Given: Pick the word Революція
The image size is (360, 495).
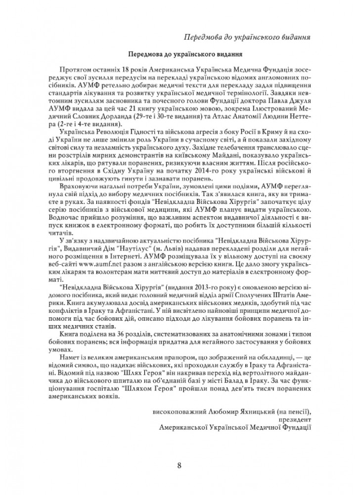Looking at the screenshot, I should tap(113, 132).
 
